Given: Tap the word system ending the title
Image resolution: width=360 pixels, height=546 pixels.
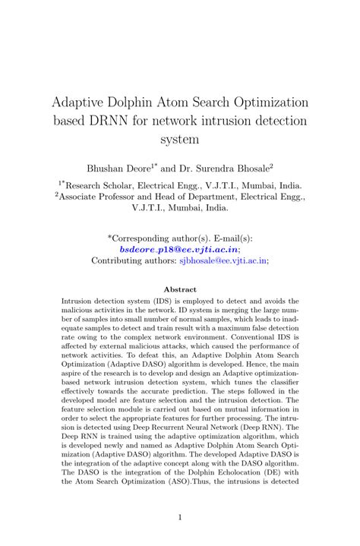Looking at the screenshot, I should [x=180, y=140].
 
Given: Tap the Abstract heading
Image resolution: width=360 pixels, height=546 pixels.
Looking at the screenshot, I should [x=180, y=289].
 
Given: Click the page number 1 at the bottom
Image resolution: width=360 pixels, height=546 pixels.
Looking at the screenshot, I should [x=180, y=517].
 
